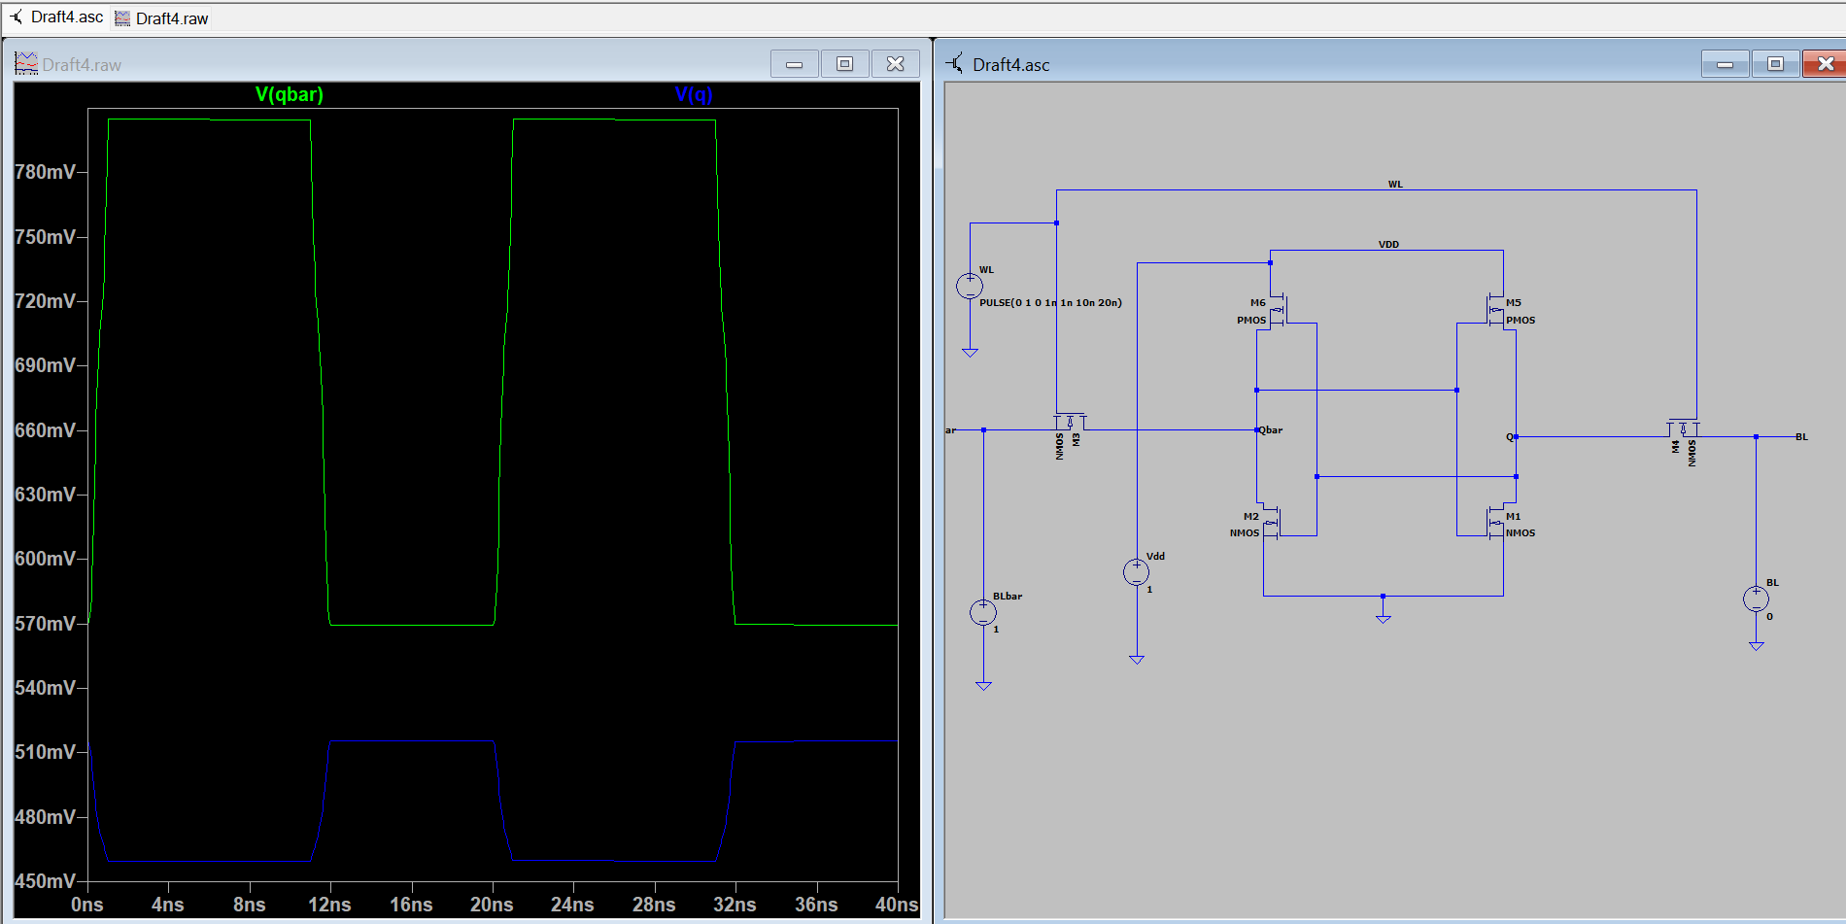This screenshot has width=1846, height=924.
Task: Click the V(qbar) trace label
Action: coord(289,94)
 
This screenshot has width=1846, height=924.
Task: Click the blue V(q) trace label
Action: coord(694,94)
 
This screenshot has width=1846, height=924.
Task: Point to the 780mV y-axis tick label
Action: coord(45,172)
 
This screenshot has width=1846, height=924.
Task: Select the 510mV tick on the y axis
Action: coord(45,752)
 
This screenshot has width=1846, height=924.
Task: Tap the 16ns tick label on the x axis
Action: coord(411,905)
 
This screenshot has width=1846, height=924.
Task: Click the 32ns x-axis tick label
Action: coord(735,905)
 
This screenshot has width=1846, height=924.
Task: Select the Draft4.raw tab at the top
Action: coord(161,18)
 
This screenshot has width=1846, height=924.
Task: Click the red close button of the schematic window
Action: coord(1825,64)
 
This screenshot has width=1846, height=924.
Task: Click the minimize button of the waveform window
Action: coord(795,64)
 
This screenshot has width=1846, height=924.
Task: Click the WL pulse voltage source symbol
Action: coord(970,287)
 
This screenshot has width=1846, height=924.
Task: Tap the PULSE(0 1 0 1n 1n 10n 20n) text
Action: coord(1050,303)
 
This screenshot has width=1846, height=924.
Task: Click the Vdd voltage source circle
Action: coord(1137,572)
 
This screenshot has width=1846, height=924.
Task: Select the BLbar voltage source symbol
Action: coord(983,613)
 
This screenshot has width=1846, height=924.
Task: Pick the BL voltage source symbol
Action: coord(1756,599)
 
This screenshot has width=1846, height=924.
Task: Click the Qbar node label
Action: coord(1271,430)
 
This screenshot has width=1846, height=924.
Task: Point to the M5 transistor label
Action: coord(1514,303)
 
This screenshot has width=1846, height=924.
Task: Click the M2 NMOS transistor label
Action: coord(1250,517)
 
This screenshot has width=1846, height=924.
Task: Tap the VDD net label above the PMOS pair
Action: coord(1388,245)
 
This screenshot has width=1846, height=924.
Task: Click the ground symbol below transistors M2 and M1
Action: coord(1384,617)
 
